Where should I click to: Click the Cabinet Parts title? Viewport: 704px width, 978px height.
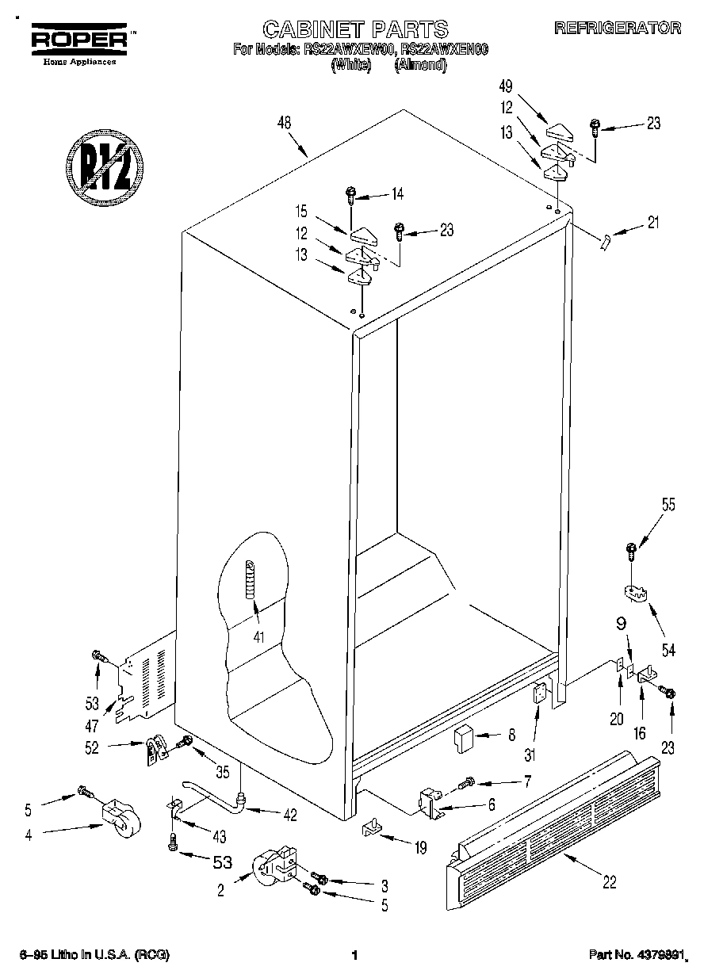(354, 29)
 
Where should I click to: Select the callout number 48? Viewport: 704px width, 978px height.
(285, 123)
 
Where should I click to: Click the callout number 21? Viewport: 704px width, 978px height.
(653, 223)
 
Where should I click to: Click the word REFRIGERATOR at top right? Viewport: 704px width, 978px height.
(618, 29)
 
